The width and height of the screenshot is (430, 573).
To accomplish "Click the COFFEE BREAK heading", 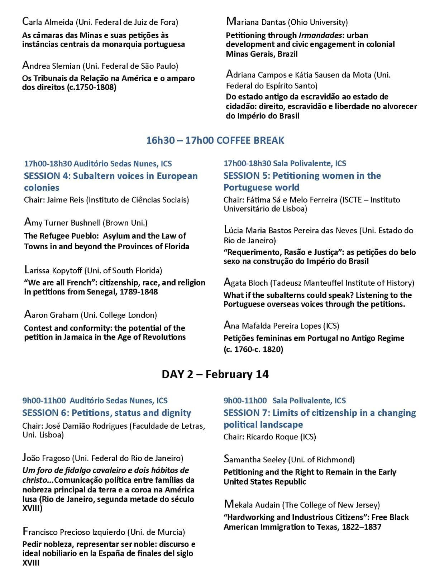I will [x=215, y=140].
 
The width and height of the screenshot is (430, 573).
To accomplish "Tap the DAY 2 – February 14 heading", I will [x=215, y=374].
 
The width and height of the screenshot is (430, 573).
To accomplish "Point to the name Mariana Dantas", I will [x=257, y=22].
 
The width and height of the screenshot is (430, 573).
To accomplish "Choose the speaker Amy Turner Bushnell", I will [x=63, y=222].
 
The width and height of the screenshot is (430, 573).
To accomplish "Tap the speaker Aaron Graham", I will [x=51, y=315].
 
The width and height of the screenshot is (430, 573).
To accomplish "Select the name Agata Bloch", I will [x=246, y=283].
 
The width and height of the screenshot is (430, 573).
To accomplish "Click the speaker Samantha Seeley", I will [x=255, y=459].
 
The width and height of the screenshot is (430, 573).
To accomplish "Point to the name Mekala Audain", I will [x=252, y=505].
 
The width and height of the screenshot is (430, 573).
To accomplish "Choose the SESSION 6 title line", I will [x=107, y=413].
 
